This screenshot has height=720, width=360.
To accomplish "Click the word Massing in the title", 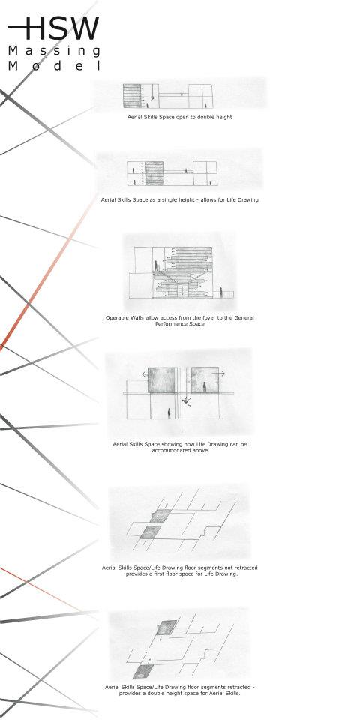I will pos(54,51).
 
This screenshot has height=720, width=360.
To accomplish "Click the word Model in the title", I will pos(54,66).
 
